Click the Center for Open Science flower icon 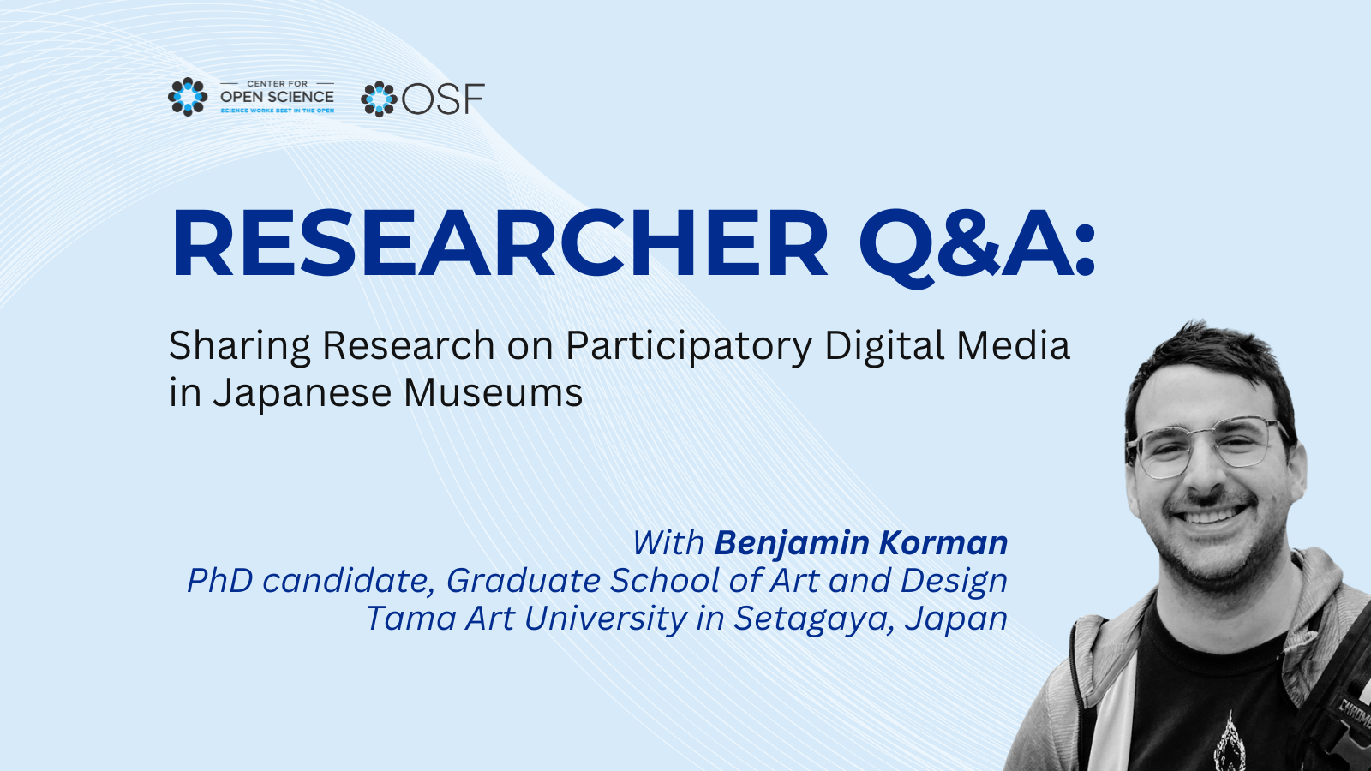(188, 97)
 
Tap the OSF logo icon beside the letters (380, 99)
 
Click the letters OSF (443, 99)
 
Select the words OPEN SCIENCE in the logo (278, 97)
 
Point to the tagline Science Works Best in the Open (278, 111)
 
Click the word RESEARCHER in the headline (500, 243)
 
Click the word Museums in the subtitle (494, 393)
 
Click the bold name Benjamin (793, 543)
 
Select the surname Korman (943, 543)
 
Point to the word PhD (219, 580)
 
